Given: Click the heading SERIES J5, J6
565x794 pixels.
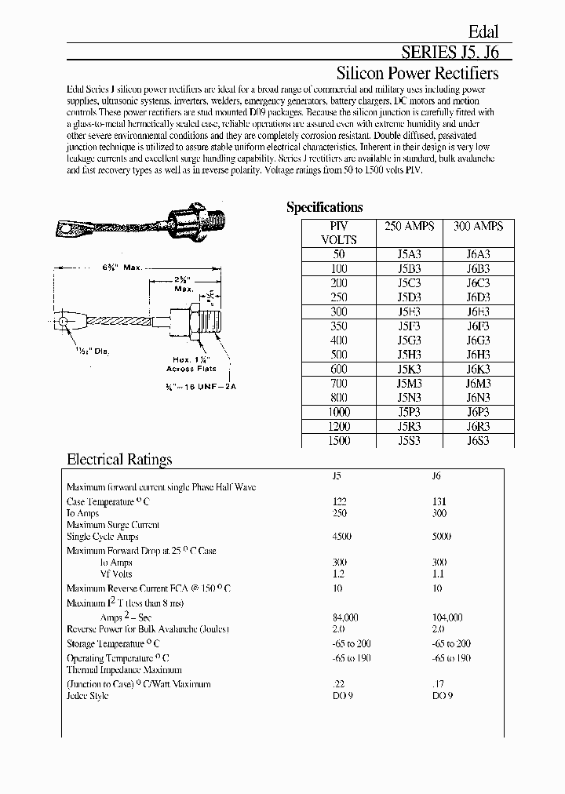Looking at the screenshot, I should [x=450, y=53].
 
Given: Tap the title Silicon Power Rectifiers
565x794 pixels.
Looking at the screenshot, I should [x=417, y=74].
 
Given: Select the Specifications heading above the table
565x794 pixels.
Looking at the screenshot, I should [x=324, y=207].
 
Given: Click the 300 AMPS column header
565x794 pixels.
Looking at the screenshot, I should [x=478, y=226].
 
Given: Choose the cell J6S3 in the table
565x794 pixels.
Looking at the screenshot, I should [x=478, y=441].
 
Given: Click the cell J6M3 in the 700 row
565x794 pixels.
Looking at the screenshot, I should [x=478, y=383].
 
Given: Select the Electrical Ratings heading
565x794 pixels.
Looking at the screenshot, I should [x=119, y=460].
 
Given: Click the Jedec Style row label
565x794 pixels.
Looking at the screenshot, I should [x=88, y=696].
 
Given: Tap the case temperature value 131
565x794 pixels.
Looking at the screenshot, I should [x=439, y=501].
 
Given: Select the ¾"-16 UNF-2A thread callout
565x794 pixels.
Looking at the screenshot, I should [x=191, y=387].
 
